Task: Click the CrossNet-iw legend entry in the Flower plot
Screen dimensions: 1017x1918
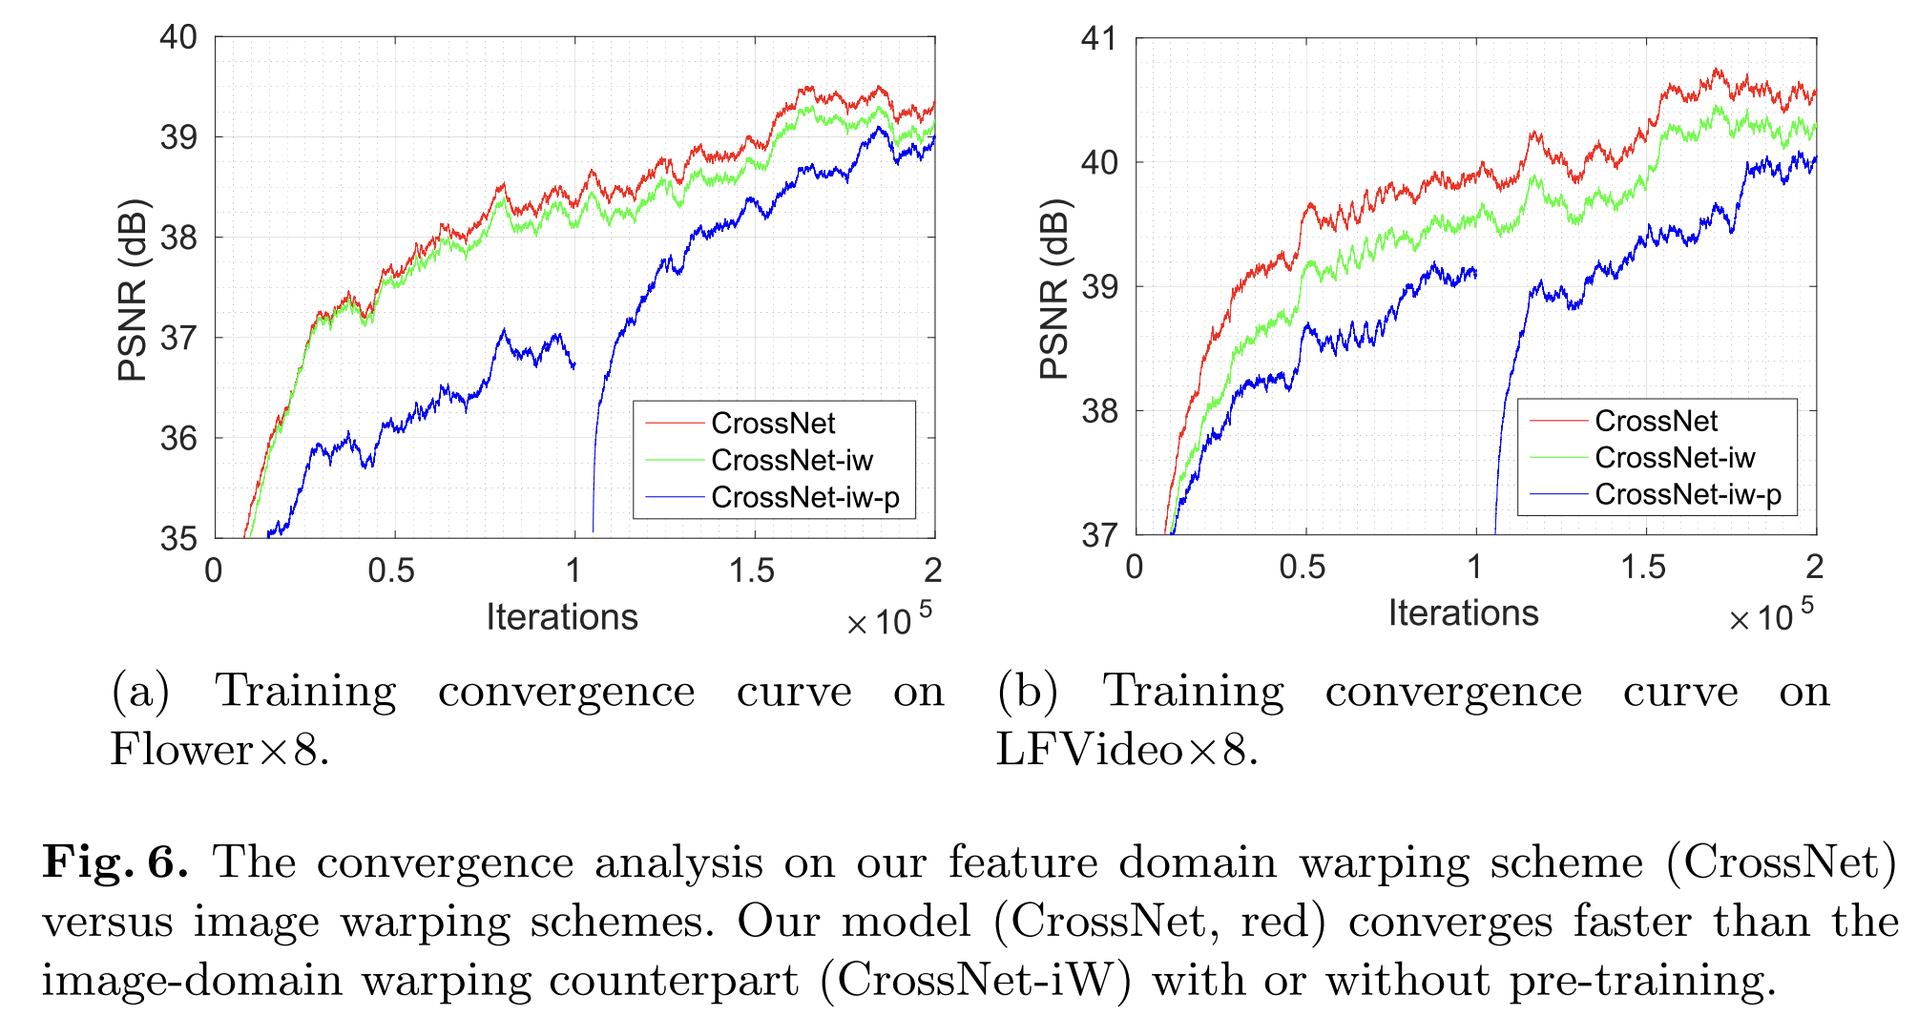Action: coord(791,461)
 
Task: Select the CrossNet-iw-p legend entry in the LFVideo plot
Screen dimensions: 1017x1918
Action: coord(1687,495)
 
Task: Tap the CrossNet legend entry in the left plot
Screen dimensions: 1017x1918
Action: coord(773,424)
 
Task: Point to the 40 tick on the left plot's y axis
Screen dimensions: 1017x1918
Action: coord(178,38)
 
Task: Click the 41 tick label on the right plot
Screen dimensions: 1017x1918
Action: coord(1098,39)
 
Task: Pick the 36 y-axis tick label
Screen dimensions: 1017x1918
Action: coord(178,439)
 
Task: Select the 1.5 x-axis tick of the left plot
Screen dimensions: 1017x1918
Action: coord(752,571)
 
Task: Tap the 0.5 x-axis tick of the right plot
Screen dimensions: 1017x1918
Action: coord(1302,568)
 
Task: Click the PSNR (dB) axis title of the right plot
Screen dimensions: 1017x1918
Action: coord(1054,289)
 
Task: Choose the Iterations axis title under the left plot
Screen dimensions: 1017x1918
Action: coord(561,617)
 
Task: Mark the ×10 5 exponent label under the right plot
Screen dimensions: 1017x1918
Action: coord(1770,616)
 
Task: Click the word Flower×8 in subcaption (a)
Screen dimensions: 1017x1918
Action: coord(219,749)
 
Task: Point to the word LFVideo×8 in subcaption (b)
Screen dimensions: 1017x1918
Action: coord(1127,749)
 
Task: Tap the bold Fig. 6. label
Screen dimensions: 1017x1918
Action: coord(115,862)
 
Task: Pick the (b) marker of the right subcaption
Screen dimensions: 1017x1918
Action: coord(1027,691)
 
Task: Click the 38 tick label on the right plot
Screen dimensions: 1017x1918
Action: coord(1098,411)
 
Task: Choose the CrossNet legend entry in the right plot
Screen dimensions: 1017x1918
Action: coord(1656,421)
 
